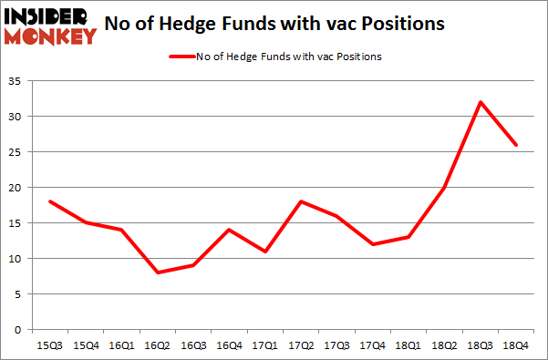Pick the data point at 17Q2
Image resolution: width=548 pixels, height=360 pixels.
(x=302, y=201)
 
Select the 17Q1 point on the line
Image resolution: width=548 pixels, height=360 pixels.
(x=266, y=251)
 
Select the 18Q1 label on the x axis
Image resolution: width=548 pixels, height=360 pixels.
(x=408, y=347)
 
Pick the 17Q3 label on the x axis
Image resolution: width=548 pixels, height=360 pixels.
(x=337, y=347)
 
